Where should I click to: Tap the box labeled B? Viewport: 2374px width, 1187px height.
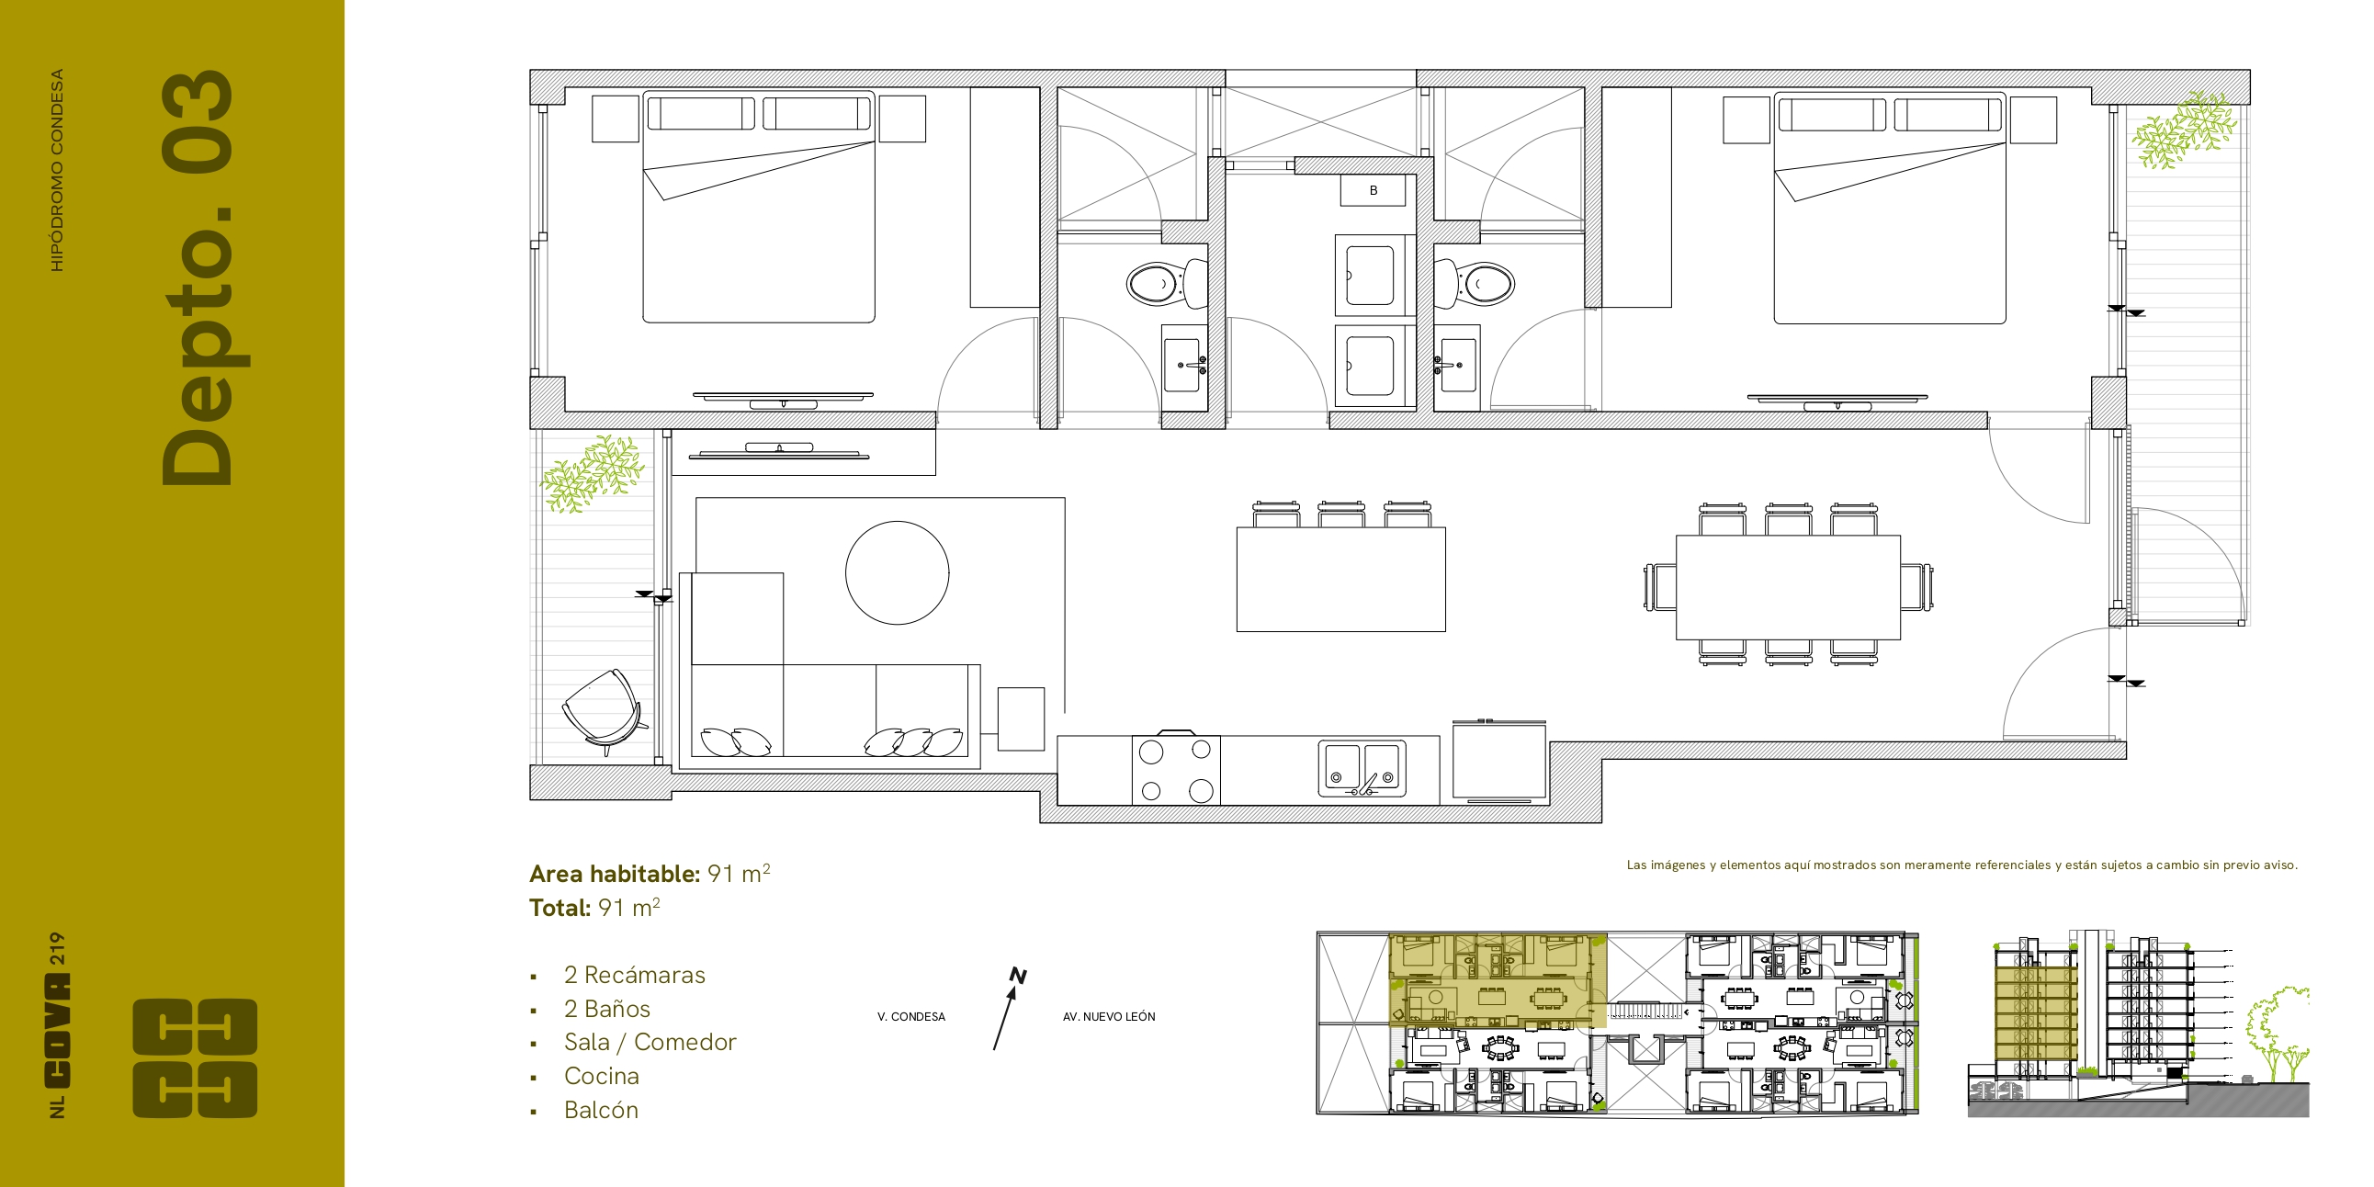click(x=1373, y=191)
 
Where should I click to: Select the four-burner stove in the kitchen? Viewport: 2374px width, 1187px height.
click(x=1176, y=770)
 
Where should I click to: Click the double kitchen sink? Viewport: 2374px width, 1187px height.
click(x=1362, y=768)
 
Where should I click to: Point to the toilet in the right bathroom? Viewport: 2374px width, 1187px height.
click(x=1474, y=284)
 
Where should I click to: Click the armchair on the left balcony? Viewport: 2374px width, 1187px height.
click(x=603, y=710)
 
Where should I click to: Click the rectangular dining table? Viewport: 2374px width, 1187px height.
click(x=1788, y=587)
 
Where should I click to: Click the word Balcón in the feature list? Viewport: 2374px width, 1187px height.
click(x=601, y=1110)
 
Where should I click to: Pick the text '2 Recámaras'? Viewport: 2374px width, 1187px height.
click(x=634, y=975)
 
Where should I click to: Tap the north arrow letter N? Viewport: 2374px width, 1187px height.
click(x=1018, y=975)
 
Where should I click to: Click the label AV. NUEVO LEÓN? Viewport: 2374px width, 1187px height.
click(x=1109, y=1016)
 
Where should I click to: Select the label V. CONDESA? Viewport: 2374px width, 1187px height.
click(x=911, y=1016)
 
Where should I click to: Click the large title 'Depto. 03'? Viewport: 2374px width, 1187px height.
click(x=197, y=278)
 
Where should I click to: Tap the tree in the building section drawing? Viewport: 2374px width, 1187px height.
click(x=2277, y=1032)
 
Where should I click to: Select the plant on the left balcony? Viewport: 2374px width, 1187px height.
click(x=592, y=474)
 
